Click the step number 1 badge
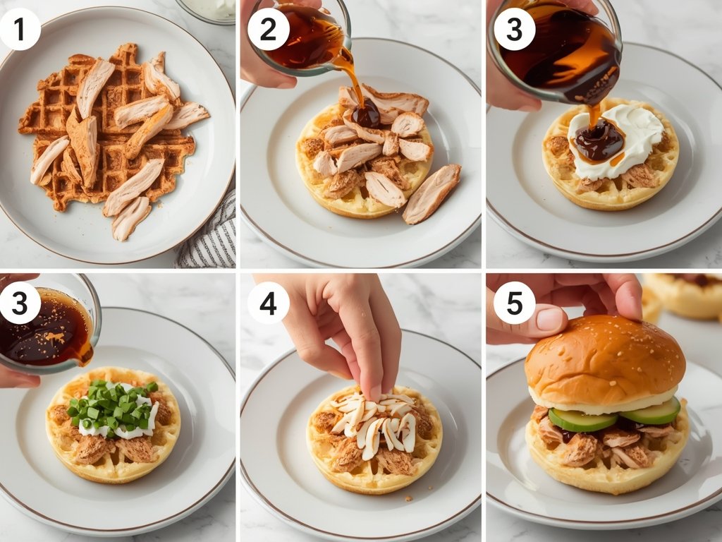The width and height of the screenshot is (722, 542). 20,30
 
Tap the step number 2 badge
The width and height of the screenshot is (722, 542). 269,30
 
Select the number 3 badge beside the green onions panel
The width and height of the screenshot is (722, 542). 20,303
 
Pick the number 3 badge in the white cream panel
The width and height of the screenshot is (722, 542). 514,30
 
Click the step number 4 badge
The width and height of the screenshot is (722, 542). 269,303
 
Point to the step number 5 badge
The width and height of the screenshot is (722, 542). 514,303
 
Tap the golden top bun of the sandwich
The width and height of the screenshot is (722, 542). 604,360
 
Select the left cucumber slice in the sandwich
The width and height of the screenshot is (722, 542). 582,421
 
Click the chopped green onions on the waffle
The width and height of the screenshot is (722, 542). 113,406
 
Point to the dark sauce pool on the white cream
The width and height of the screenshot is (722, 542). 599,139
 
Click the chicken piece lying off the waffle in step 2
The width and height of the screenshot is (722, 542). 431,193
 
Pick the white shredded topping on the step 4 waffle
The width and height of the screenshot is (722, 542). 374,423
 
